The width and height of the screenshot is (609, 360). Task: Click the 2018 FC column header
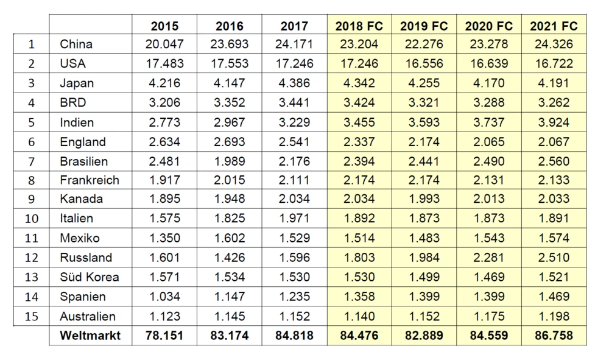359,26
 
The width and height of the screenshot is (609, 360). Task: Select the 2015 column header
165,26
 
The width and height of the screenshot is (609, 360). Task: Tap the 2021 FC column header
554,26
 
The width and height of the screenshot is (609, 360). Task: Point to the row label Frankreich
90,180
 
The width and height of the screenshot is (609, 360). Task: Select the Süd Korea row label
90,277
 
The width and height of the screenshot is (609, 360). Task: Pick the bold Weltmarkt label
90,335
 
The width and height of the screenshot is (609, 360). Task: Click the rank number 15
32,317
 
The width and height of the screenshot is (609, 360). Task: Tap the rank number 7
32,161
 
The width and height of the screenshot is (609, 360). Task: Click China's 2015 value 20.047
165,44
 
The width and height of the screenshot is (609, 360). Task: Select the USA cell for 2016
230,63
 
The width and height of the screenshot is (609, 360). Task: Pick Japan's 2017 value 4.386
295,83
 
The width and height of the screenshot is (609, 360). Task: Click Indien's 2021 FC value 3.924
554,122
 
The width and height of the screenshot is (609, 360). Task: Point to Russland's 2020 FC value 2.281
489,257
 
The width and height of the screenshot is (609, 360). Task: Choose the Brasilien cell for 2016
230,161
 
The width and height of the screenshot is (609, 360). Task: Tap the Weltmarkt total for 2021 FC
554,335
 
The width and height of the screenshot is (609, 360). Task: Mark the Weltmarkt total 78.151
165,335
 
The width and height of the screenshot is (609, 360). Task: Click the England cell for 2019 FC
424,142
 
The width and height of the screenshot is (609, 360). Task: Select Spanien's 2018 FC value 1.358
359,297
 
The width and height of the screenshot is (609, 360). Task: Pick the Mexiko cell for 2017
295,238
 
